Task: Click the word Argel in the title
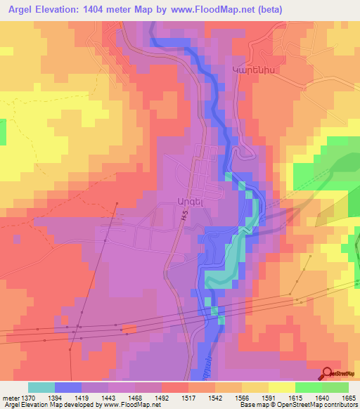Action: [21, 8]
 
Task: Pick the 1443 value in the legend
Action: [108, 397]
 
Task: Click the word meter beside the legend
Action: [11, 397]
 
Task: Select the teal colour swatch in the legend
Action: [41, 387]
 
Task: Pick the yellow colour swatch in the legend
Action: [282, 387]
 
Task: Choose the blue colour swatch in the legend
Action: [68, 387]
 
